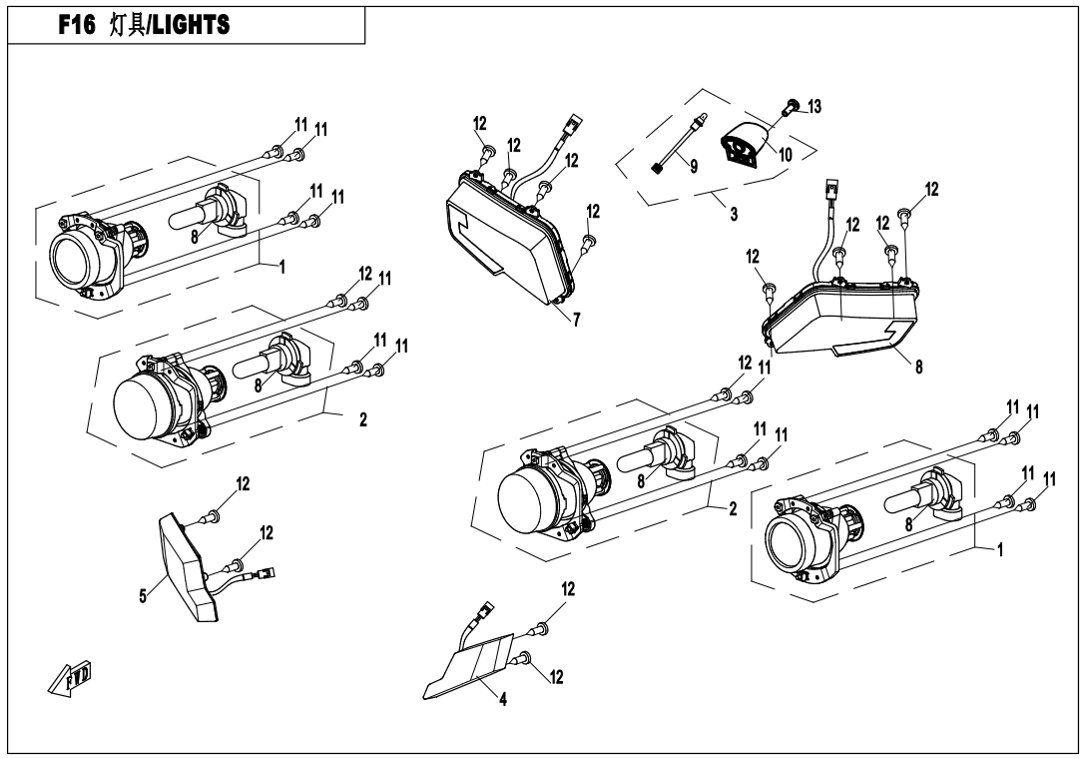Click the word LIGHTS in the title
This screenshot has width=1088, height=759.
(x=191, y=25)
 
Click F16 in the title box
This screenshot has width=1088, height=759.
(x=76, y=25)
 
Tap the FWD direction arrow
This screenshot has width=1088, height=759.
(x=70, y=678)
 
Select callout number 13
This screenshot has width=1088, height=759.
(x=814, y=106)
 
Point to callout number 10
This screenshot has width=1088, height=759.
(x=785, y=154)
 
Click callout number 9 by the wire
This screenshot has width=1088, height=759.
(x=694, y=166)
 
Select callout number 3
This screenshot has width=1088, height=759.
(x=734, y=214)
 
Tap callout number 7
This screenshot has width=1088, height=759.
(x=577, y=320)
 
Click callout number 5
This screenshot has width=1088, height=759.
(x=143, y=596)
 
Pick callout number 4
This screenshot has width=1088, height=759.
(x=503, y=699)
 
